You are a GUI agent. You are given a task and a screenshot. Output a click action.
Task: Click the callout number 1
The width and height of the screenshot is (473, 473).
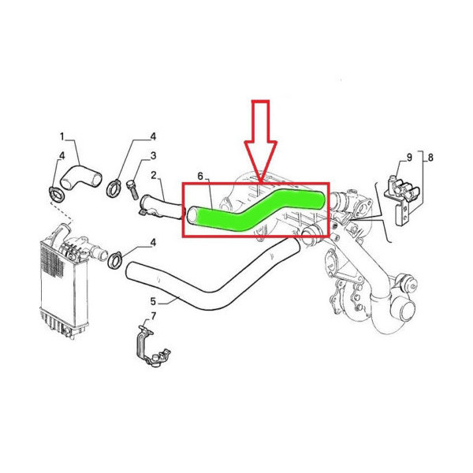(x=62, y=136)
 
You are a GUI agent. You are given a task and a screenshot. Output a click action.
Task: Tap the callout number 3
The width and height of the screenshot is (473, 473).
(x=153, y=156)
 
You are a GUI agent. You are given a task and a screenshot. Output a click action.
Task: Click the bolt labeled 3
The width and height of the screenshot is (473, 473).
(x=132, y=189)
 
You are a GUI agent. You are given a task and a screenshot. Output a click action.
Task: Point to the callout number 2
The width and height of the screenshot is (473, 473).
(x=154, y=175)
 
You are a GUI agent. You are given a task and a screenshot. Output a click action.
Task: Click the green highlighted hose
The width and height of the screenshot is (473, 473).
(x=256, y=210)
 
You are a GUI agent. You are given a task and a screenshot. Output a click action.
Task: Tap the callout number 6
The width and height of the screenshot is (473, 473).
(x=200, y=176)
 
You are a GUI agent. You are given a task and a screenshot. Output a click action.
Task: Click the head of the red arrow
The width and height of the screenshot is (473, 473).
(x=261, y=162)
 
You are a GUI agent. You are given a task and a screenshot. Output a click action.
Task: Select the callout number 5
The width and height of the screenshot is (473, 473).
(x=153, y=301)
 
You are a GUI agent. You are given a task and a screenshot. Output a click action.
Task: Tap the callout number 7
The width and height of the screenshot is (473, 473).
(x=154, y=316)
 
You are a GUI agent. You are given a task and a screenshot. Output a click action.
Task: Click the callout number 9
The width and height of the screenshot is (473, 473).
(x=409, y=158)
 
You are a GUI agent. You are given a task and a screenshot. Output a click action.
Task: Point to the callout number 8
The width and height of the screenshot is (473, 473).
(x=430, y=158)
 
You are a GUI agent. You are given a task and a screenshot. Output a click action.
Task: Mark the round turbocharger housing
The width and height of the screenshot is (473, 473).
(x=403, y=312)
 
